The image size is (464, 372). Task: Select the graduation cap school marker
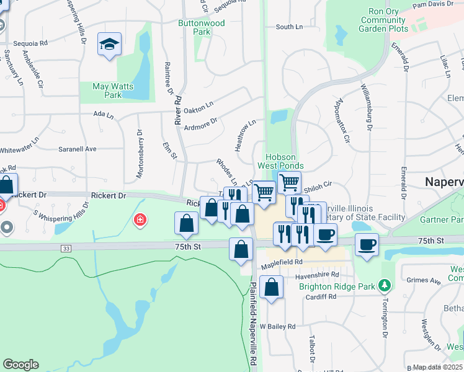pyautogui.click(x=110, y=45)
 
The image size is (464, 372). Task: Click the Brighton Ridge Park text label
pyautogui.click(x=338, y=286)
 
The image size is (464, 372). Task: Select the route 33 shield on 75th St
pyautogui.click(x=65, y=248)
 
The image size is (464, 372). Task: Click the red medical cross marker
pyautogui.click(x=141, y=219)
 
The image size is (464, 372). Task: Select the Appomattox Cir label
pyautogui.click(x=342, y=120)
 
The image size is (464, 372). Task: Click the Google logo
pyautogui.click(x=21, y=365)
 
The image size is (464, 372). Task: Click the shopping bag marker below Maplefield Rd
pyautogui.click(x=272, y=288)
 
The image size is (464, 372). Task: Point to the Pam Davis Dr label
pyautogui.click(x=432, y=4)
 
